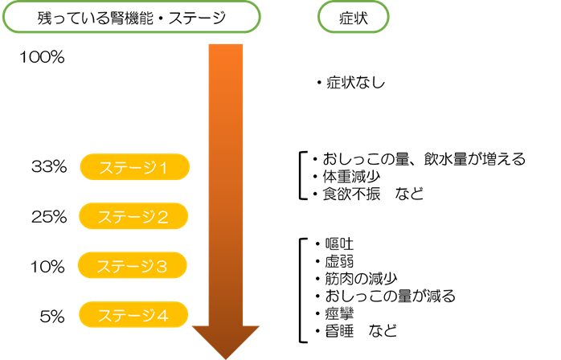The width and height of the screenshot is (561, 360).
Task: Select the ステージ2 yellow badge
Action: tap(134, 216)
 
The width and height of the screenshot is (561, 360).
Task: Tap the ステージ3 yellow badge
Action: tap(134, 265)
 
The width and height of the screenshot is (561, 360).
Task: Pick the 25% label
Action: tap(48, 216)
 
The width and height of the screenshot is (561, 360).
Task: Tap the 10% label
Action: tap(48, 265)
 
